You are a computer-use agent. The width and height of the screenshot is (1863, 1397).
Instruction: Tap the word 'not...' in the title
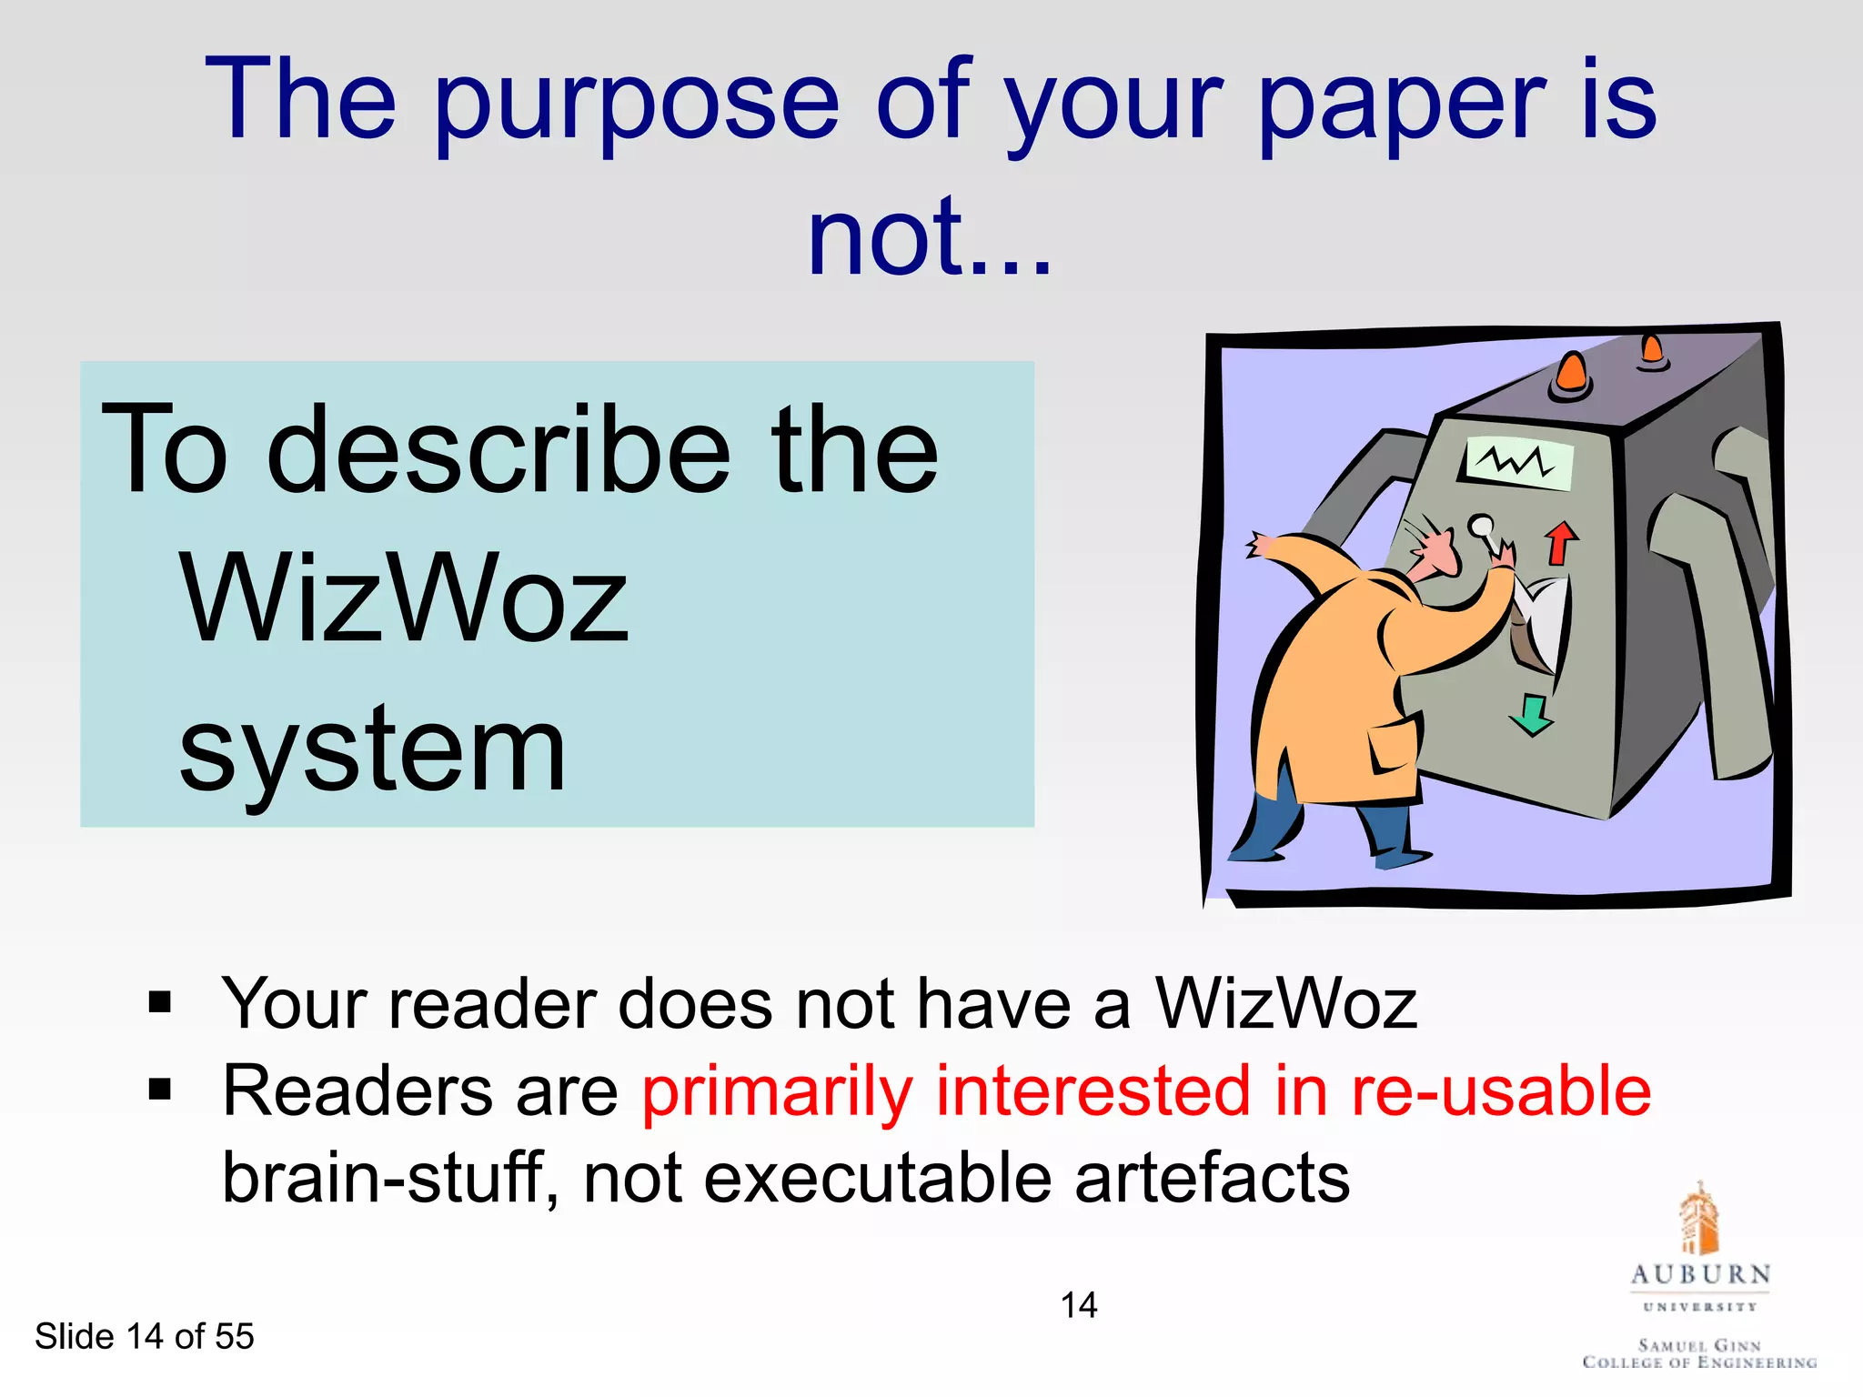coord(930,238)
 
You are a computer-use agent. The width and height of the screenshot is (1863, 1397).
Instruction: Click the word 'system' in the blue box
coord(373,751)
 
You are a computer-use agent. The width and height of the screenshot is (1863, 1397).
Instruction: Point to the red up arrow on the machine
coord(1561,542)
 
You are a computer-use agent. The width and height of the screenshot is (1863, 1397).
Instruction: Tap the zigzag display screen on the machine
coord(1517,463)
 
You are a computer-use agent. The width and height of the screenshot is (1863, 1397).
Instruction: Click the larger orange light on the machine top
coord(1571,374)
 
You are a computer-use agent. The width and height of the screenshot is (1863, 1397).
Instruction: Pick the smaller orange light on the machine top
coord(1652,350)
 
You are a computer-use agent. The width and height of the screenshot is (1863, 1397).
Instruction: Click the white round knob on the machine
coord(1481,527)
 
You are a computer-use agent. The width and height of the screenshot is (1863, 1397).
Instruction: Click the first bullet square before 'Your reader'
coord(160,1002)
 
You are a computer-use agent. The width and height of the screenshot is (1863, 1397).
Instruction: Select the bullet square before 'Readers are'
coord(160,1089)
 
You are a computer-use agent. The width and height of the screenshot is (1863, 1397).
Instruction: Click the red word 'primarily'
coord(777,1091)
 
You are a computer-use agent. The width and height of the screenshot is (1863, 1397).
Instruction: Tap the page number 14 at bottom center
coord(1079,1305)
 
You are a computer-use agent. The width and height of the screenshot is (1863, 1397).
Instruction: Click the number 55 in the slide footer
coord(235,1336)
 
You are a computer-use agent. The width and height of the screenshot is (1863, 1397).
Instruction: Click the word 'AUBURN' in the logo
coord(1700,1274)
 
